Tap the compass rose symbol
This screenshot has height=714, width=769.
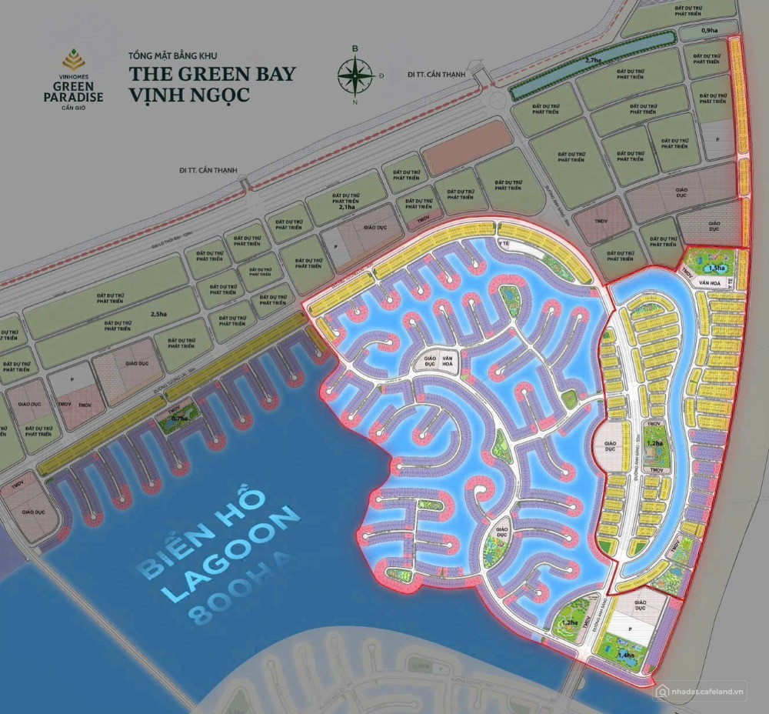tap(355, 75)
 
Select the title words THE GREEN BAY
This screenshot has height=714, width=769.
tap(212, 75)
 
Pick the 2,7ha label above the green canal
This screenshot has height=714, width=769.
tap(593, 60)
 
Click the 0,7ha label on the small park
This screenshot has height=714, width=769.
tap(181, 418)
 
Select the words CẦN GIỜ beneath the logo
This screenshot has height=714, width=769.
tap(75, 107)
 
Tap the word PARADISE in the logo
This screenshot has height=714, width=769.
tap(75, 97)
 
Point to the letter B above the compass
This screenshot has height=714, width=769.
tap(355, 48)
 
